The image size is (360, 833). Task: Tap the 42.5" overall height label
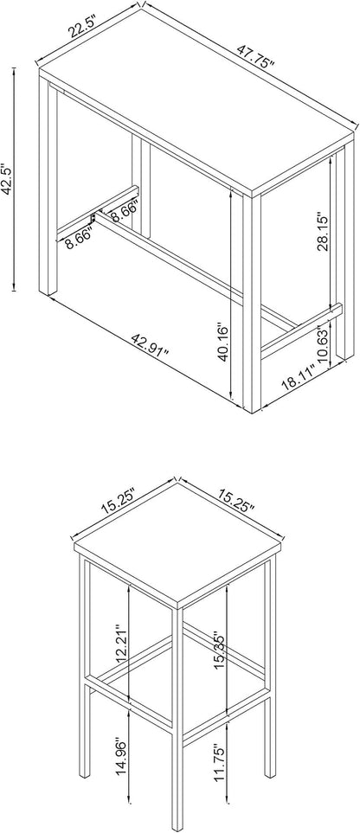[7, 179]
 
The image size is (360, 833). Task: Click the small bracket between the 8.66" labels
[93, 218]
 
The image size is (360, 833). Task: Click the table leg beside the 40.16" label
[252, 303]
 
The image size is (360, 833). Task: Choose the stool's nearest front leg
[177, 717]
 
